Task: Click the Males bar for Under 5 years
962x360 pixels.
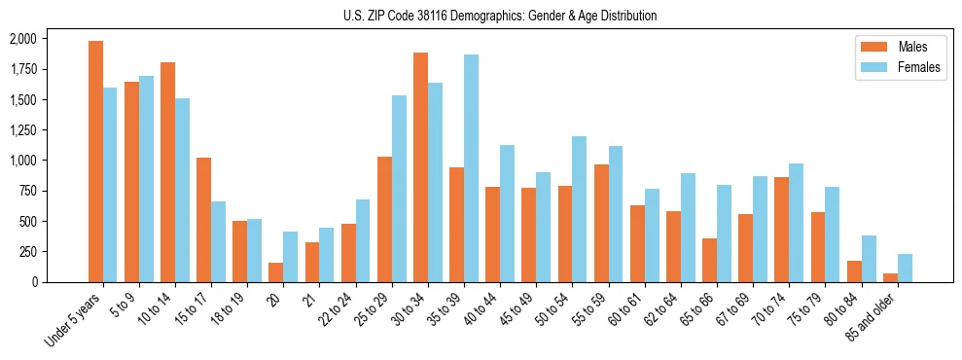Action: pyautogui.click(x=95, y=162)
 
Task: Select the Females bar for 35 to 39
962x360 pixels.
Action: pyautogui.click(x=471, y=168)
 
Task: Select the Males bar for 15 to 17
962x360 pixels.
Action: pyautogui.click(x=203, y=220)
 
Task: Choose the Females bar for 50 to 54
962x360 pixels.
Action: pyautogui.click(x=579, y=209)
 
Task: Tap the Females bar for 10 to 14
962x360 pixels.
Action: pyautogui.click(x=182, y=190)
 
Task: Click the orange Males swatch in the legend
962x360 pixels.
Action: pyautogui.click(x=871, y=47)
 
